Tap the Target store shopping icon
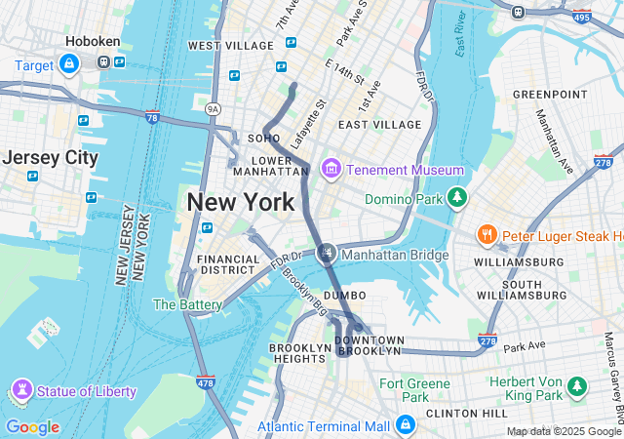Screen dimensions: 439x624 [x=68, y=65]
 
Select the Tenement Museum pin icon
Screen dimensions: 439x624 [x=331, y=170]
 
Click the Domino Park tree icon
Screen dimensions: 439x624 [x=456, y=199]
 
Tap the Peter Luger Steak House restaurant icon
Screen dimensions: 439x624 [x=486, y=235]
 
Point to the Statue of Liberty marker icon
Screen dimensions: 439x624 [x=21, y=391]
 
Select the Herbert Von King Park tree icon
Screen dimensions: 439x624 [x=577, y=387]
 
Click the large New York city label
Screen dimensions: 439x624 [x=240, y=203]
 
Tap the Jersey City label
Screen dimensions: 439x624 [x=51, y=157]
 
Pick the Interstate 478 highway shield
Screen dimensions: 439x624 [x=205, y=384]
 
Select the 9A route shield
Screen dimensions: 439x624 [x=214, y=109]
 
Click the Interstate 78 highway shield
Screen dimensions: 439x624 [x=153, y=117]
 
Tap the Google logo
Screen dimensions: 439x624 [x=32, y=427]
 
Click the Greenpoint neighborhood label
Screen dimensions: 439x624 [x=550, y=94]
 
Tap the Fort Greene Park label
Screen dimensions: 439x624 [x=404, y=389]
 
